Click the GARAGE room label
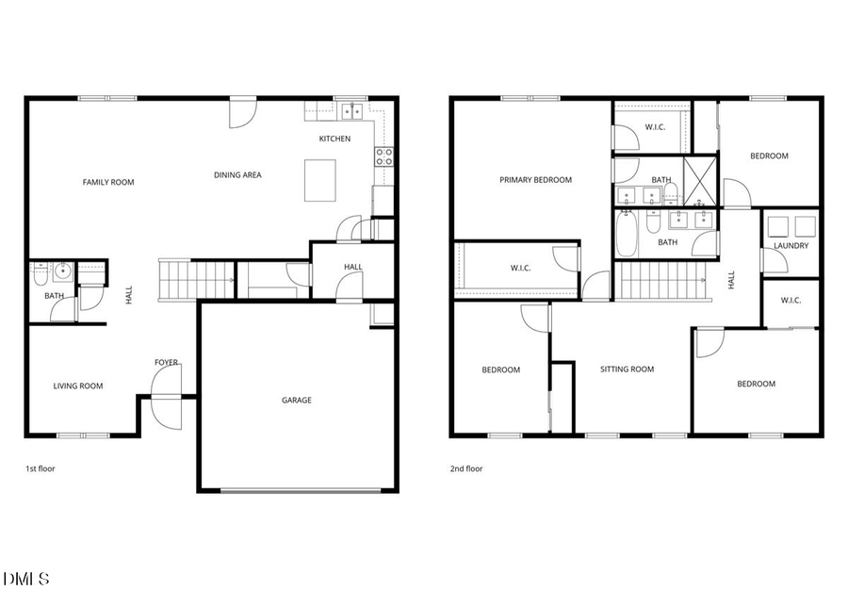(x=296, y=401)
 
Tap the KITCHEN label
(x=334, y=139)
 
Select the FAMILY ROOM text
(x=108, y=182)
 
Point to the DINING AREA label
(x=237, y=174)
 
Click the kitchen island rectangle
(x=320, y=180)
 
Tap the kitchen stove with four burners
(x=384, y=156)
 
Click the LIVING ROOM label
(x=78, y=386)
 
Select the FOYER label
(x=167, y=363)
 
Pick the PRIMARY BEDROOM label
(x=535, y=180)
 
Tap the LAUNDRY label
(x=791, y=246)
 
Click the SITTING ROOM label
(x=627, y=369)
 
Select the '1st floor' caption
(x=41, y=468)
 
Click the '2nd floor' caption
(x=466, y=468)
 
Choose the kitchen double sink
(x=352, y=111)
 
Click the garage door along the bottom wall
(x=302, y=489)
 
